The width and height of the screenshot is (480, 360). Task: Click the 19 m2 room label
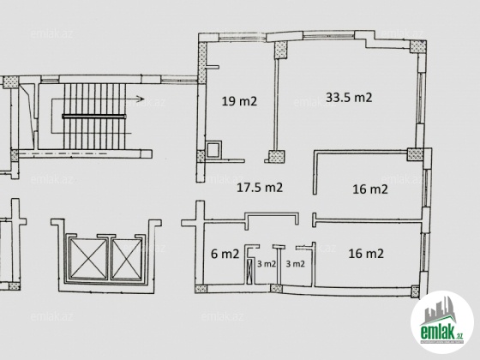(x=239, y=101)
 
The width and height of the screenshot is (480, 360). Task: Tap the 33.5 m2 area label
(x=349, y=98)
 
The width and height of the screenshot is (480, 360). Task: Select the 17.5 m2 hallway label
(x=260, y=188)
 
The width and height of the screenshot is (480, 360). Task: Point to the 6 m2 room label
(x=225, y=254)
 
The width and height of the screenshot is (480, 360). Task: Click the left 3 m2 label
(x=267, y=264)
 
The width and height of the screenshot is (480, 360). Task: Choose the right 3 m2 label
(x=295, y=264)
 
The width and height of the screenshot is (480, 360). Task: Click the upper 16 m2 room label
(x=370, y=189)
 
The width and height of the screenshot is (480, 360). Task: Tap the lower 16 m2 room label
(x=366, y=254)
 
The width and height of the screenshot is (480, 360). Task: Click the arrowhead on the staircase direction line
(x=141, y=99)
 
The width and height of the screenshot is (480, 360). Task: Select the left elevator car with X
(x=88, y=258)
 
